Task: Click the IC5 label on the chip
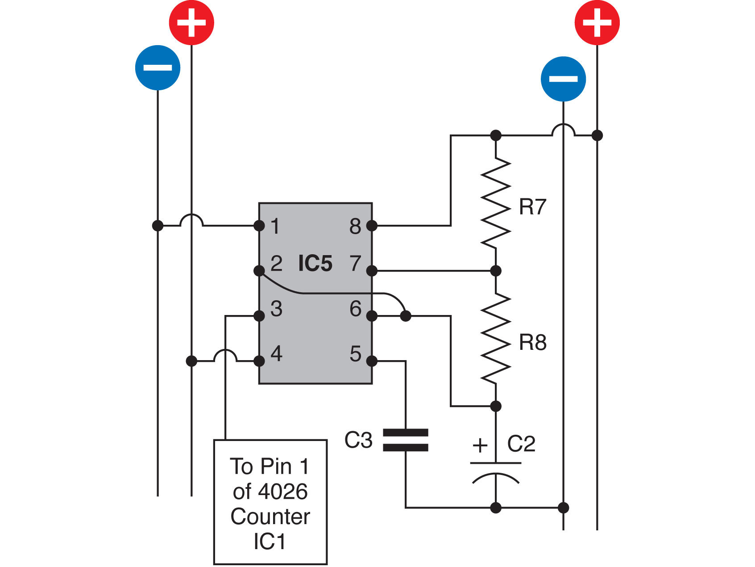(x=315, y=263)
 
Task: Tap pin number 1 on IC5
(x=275, y=226)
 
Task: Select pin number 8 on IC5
(x=355, y=227)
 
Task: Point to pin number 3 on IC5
(x=276, y=309)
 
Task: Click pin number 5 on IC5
(x=356, y=354)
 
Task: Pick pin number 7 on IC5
(x=355, y=263)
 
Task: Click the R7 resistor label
(x=533, y=207)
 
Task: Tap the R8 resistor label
(x=533, y=343)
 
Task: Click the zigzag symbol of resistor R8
(x=496, y=338)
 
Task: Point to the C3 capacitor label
(x=358, y=440)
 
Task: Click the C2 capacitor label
(x=521, y=444)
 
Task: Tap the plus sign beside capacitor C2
(x=480, y=445)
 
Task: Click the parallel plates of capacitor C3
(x=406, y=440)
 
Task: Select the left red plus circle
(x=191, y=22)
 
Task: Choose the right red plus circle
(x=597, y=22)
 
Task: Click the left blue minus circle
(x=158, y=67)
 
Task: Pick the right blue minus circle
(x=563, y=79)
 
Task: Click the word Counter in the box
(x=270, y=517)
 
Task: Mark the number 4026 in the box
(x=283, y=492)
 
